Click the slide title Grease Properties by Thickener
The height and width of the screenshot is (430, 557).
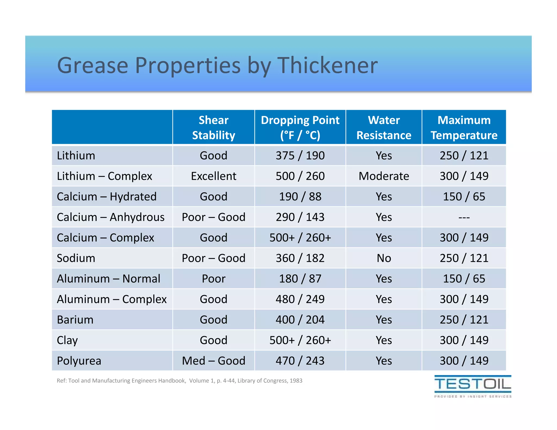[217, 66]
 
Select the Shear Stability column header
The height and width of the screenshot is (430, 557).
[213, 127]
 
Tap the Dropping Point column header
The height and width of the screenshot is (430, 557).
[300, 127]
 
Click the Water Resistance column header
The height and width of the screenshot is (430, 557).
[383, 127]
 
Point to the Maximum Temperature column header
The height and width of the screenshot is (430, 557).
[464, 127]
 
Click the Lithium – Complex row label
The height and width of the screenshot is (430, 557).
[104, 176]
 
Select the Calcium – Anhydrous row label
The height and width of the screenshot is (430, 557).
[110, 217]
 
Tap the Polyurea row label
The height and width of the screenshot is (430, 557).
[79, 361]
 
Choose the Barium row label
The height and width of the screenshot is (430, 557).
[75, 320]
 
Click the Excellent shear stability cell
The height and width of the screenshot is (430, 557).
[213, 176]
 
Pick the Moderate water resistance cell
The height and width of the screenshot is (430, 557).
[383, 176]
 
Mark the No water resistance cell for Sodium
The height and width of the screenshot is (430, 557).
[383, 258]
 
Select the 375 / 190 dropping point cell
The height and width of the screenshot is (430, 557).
[300, 156]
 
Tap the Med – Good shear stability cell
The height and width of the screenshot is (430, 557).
[213, 361]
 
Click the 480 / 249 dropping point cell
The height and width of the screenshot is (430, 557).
[300, 299]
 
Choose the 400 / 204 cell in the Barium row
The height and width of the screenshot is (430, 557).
[300, 320]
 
